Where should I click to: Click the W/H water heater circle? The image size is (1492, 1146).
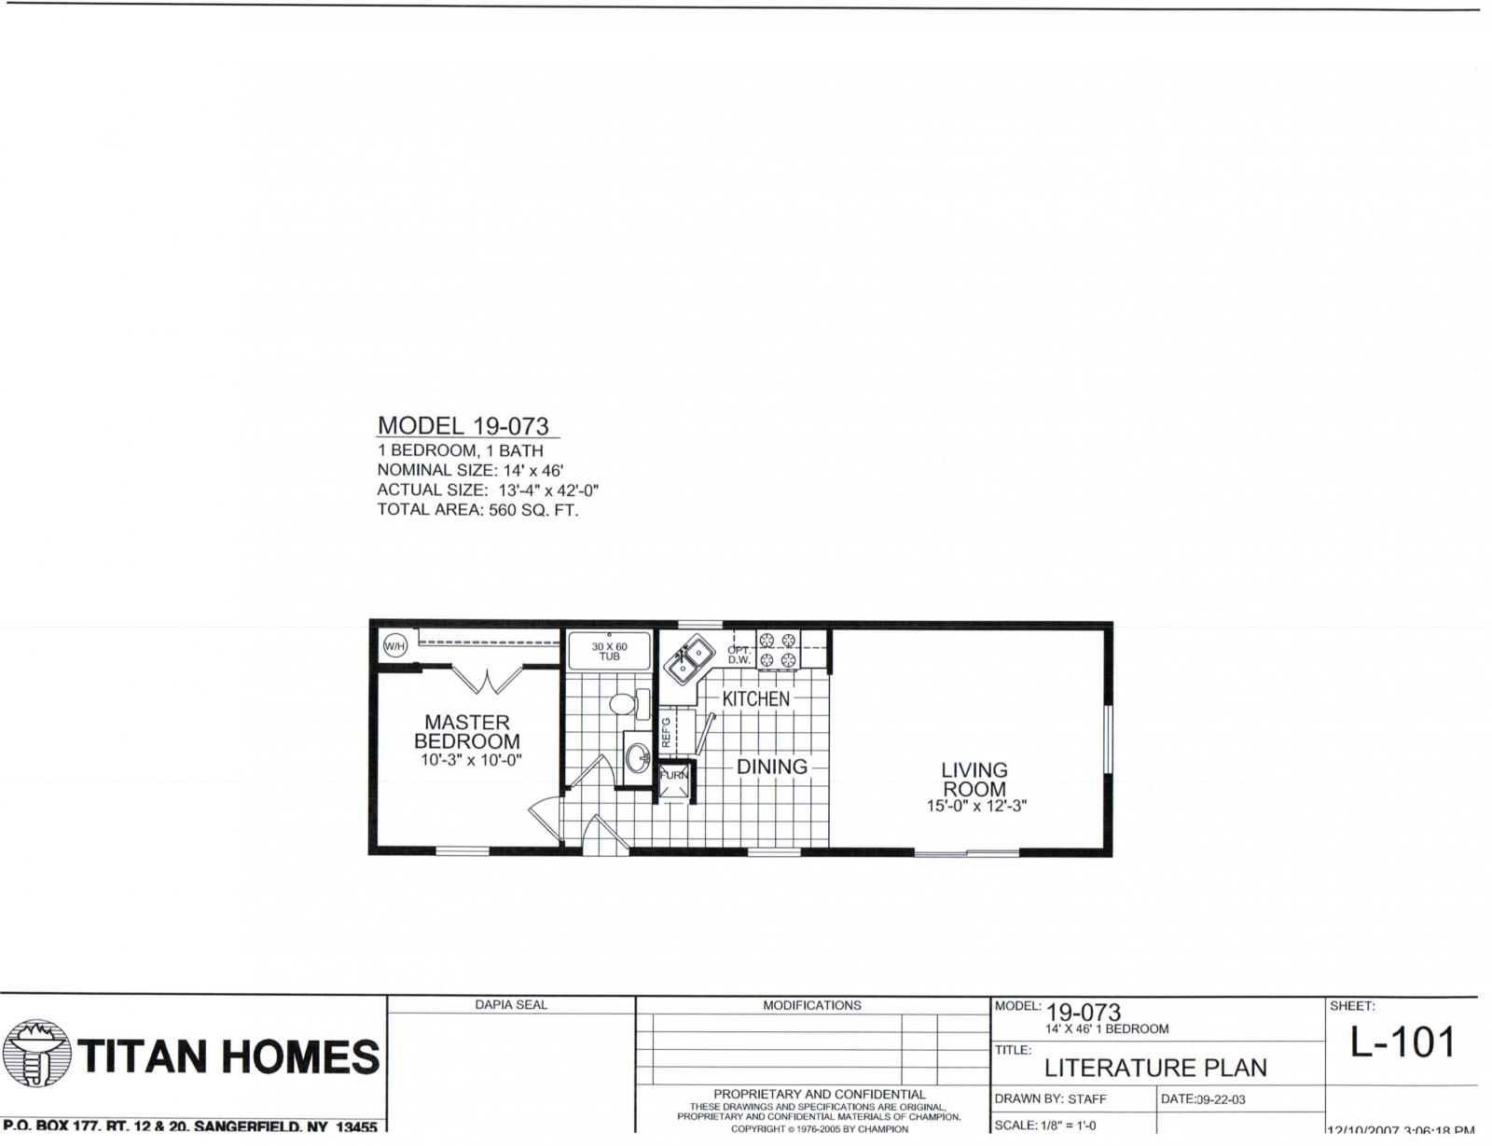point(395,645)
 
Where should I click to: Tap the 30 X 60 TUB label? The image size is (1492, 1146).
point(609,651)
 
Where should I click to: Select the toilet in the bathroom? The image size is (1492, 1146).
point(627,704)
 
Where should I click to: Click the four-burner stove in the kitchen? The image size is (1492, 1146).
point(779,650)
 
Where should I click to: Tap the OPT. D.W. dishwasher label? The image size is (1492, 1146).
point(739,655)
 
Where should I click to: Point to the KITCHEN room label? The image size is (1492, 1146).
point(755,698)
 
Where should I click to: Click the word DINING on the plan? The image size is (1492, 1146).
point(772,766)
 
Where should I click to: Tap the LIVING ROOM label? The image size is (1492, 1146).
point(974,780)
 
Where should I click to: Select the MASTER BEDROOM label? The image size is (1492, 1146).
point(467,732)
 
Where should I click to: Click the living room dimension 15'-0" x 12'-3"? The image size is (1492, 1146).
point(976,807)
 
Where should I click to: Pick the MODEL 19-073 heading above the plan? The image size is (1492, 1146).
point(463,426)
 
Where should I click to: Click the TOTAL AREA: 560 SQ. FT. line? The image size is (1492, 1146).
point(477,510)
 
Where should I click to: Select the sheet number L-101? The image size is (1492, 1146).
point(1402,1043)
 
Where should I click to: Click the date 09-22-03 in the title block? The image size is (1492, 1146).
point(1221,1099)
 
